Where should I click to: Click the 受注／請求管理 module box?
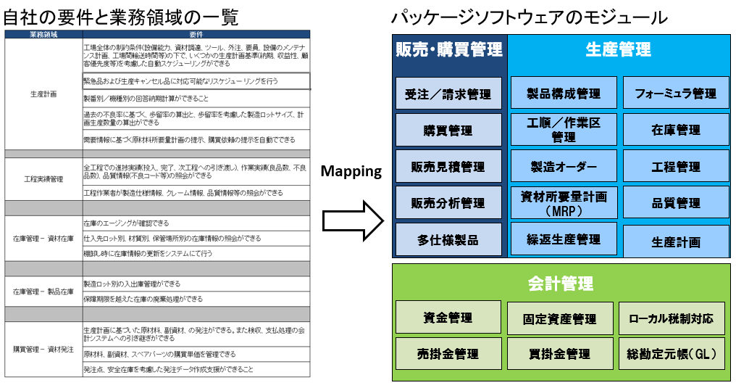click(x=448, y=93)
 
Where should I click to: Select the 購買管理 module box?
click(x=448, y=130)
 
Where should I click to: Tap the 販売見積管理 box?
click(x=448, y=167)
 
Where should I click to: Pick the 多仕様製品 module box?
click(x=448, y=239)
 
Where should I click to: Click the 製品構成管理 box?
click(x=564, y=93)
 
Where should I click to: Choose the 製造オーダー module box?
click(x=564, y=166)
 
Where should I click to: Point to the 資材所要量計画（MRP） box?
click(x=564, y=203)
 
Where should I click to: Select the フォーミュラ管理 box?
click(x=676, y=93)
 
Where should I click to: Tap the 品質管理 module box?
click(x=676, y=203)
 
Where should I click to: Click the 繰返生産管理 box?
click(x=564, y=239)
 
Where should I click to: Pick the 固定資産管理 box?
click(x=560, y=318)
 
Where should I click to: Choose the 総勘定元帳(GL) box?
click(x=672, y=354)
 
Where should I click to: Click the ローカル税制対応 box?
click(x=672, y=318)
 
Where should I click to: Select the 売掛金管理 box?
click(x=448, y=354)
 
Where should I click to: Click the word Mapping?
click(x=351, y=172)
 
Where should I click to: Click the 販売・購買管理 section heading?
click(x=449, y=49)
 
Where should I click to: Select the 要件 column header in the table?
click(x=196, y=34)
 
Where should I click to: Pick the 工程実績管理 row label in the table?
click(x=43, y=178)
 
